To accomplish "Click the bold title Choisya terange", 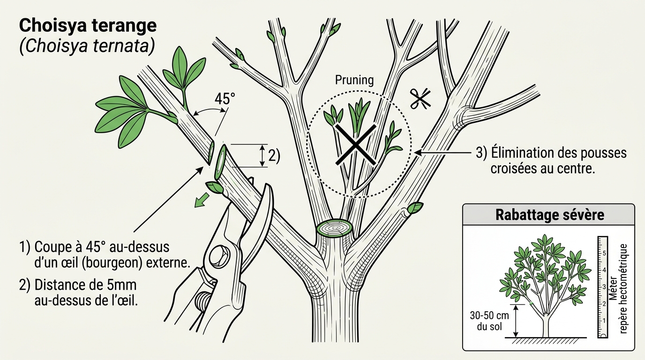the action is coord(88,25).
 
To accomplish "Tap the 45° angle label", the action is coord(225,98).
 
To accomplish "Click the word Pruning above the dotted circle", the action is coord(354,80).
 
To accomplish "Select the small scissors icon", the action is coord(420,99).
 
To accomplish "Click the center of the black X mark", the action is coord(356,145).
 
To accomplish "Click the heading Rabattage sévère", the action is coord(550,215).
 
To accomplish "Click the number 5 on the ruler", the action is coord(604,253).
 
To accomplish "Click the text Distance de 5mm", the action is coord(85,285).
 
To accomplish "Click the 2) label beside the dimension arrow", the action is coord(274,156).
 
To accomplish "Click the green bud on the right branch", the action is coord(415,207).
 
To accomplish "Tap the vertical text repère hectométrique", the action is coord(623,289).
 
